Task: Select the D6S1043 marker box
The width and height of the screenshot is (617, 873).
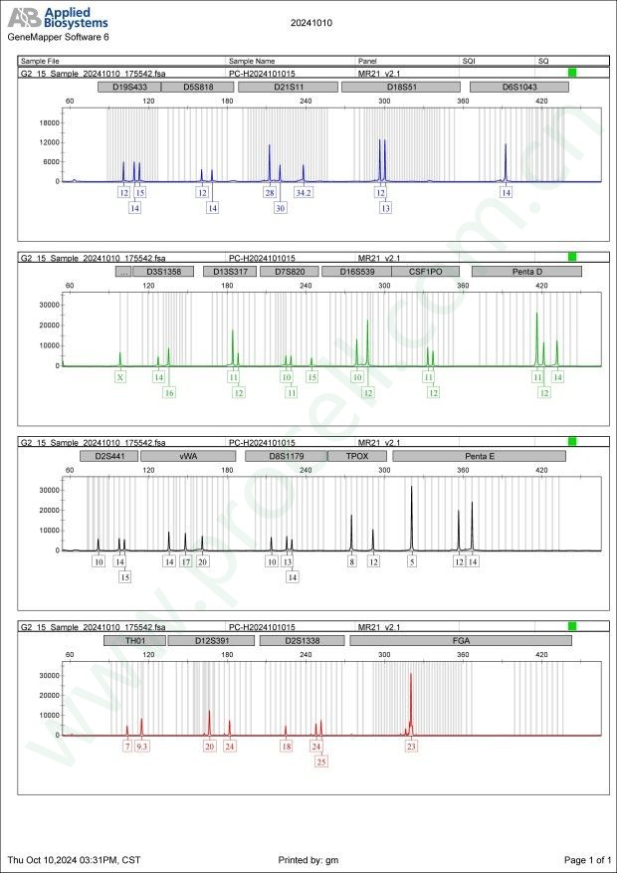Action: [518, 87]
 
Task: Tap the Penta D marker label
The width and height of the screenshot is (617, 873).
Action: [525, 271]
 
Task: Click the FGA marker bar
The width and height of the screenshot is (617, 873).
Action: [461, 641]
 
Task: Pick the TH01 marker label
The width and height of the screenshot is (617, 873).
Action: [134, 641]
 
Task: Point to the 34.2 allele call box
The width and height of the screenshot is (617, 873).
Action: [304, 192]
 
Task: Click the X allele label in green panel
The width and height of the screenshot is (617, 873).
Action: [120, 377]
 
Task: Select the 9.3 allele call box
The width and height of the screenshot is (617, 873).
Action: [142, 746]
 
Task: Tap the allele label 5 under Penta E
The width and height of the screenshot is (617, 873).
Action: [412, 561]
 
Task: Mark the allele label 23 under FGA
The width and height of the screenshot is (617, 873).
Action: [410, 746]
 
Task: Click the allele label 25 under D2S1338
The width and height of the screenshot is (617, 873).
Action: [320, 762]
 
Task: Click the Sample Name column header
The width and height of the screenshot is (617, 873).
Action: [251, 61]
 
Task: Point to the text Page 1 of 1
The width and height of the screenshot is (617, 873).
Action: [586, 859]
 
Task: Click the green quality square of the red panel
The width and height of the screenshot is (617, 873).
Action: [572, 626]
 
